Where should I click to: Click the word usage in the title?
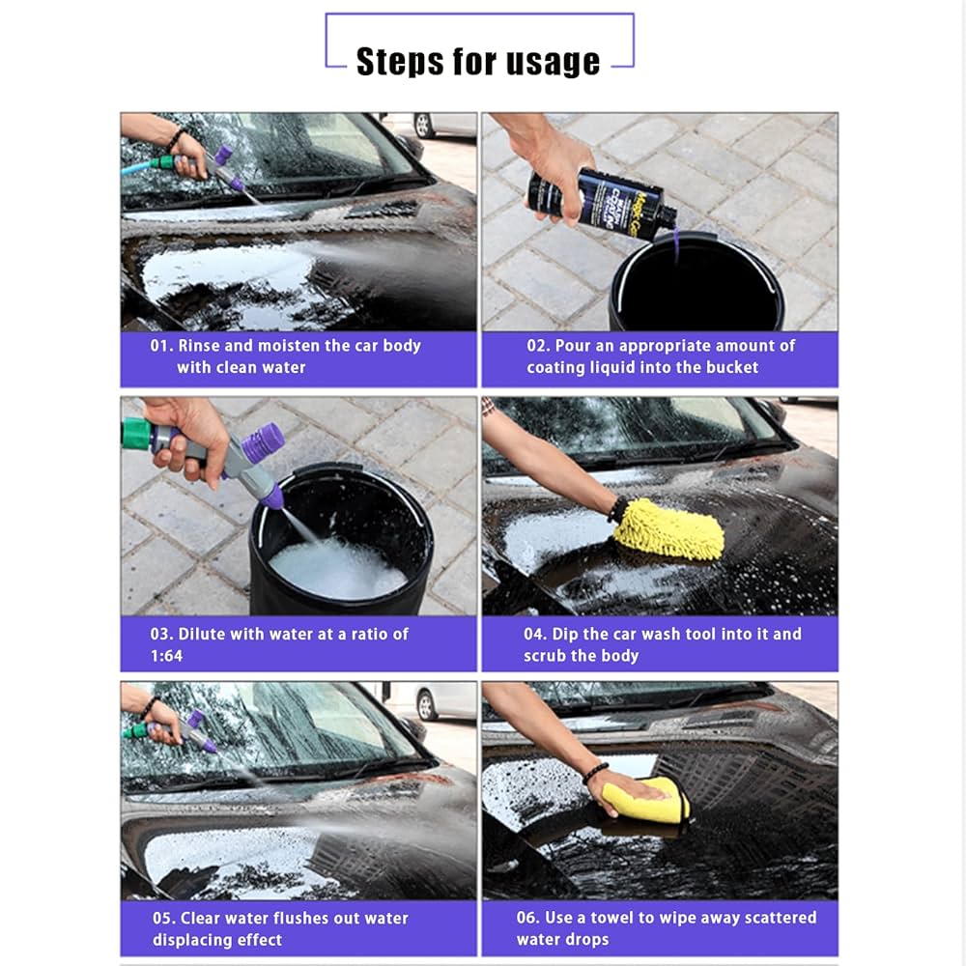pyautogui.click(x=553, y=63)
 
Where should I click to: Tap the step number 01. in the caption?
pyautogui.click(x=161, y=346)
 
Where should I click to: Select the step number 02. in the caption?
pyautogui.click(x=539, y=346)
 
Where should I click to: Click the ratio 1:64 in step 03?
pyautogui.click(x=166, y=656)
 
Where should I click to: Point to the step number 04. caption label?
pyautogui.click(x=536, y=635)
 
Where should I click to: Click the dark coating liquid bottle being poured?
pyautogui.click(x=599, y=198)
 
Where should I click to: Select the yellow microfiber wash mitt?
pyautogui.click(x=669, y=530)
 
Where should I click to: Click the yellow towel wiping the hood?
pyautogui.click(x=645, y=801)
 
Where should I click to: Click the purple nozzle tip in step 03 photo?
pyautogui.click(x=273, y=497)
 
